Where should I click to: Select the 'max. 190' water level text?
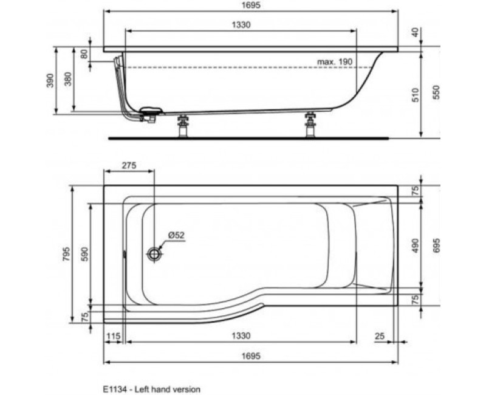click(334, 62)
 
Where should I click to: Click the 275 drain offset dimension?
click(128, 165)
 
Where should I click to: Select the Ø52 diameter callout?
click(176, 235)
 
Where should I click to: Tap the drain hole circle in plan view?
click(156, 254)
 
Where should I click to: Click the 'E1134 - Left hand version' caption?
click(151, 387)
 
